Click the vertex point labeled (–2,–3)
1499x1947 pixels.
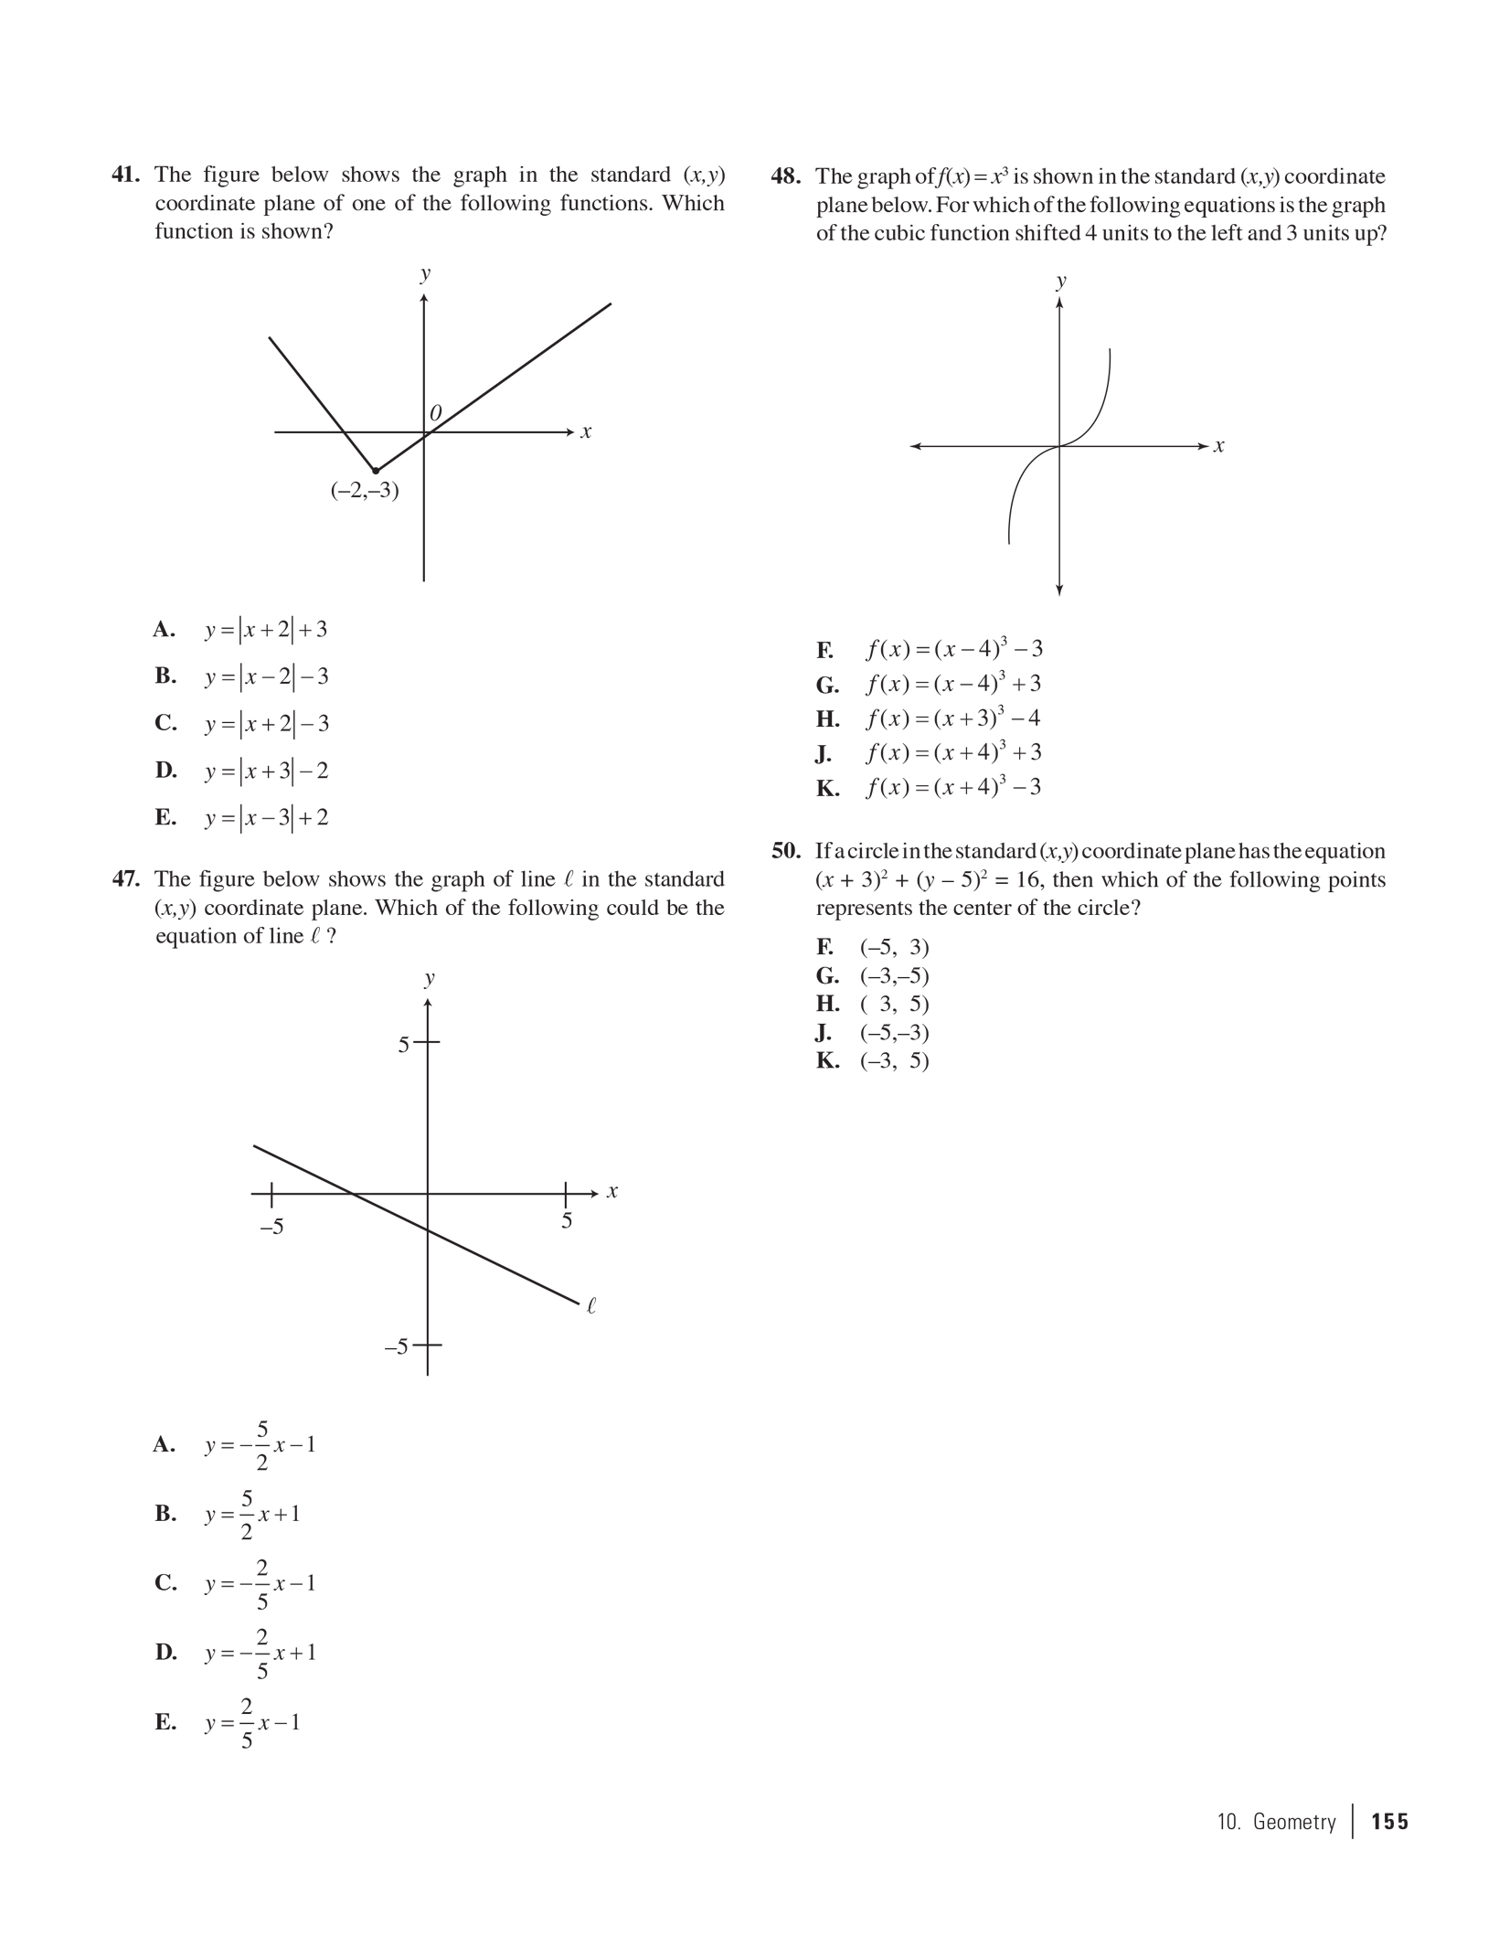(x=376, y=471)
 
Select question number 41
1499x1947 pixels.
(x=126, y=175)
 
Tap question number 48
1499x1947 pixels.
(x=786, y=176)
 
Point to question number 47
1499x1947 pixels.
(x=126, y=879)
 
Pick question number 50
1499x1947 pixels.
(x=786, y=851)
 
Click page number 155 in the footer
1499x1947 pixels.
(x=1389, y=1822)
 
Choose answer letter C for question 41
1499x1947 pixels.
(x=165, y=723)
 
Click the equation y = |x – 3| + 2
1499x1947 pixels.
(x=266, y=817)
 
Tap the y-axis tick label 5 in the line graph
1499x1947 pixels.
(x=403, y=1045)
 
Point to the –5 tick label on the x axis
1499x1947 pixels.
(x=271, y=1227)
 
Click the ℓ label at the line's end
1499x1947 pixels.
(x=591, y=1306)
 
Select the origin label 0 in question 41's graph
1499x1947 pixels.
(x=436, y=414)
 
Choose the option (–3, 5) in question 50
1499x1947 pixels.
(x=894, y=1060)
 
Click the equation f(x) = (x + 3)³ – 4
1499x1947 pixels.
(x=953, y=718)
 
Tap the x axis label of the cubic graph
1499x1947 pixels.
(x=1218, y=447)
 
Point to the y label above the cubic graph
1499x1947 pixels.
(x=1060, y=282)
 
